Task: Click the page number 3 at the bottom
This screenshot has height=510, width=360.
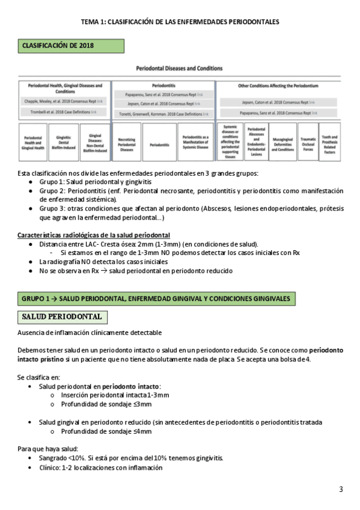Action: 341,489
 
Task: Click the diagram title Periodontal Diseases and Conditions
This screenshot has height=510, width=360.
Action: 180,70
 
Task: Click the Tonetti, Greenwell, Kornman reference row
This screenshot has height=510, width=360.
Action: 162,112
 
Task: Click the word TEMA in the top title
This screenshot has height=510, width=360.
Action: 91,22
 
